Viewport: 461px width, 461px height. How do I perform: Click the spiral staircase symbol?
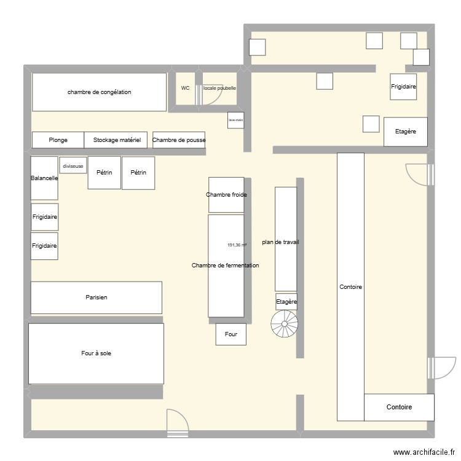(285, 324)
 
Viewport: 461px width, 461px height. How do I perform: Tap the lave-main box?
(236, 120)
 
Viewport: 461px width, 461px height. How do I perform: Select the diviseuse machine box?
(73, 165)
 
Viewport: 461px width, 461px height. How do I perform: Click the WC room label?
(185, 88)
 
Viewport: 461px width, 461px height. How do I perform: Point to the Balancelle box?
(44, 178)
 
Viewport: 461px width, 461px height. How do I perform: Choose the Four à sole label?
(96, 353)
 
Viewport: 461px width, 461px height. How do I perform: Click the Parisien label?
(97, 297)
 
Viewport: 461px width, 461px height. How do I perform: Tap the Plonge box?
(58, 140)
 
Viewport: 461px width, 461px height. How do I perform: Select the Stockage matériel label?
(117, 140)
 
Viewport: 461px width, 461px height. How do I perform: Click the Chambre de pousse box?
(179, 140)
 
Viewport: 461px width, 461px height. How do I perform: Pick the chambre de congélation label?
(100, 92)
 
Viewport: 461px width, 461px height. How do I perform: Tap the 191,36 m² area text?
(237, 245)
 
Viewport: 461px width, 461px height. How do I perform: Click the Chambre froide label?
(226, 195)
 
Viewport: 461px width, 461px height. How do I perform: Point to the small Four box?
(230, 334)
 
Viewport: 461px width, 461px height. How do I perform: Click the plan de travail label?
(280, 242)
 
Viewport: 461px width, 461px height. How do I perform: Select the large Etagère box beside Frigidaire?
(406, 132)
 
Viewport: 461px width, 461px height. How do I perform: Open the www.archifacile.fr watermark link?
(424, 452)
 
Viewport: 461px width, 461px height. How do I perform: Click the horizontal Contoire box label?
(399, 407)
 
